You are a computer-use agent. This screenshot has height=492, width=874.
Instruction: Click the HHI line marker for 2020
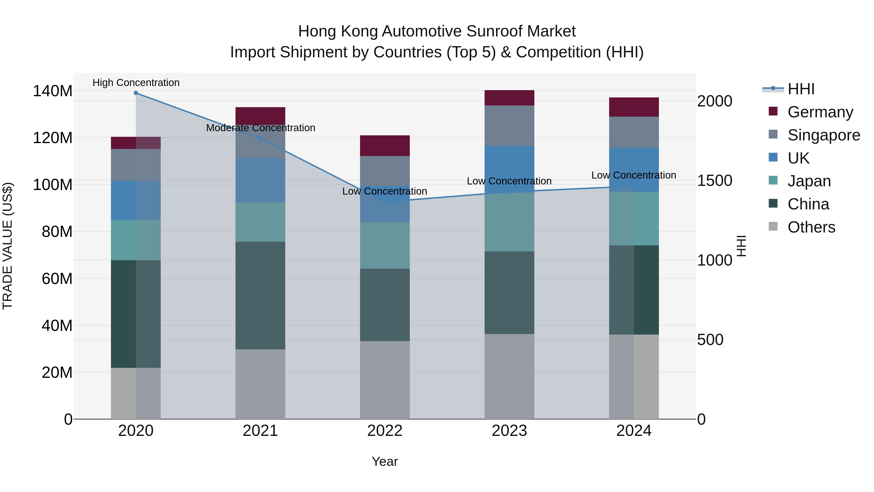click(136, 93)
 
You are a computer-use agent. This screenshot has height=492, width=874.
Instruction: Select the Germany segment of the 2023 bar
click(509, 98)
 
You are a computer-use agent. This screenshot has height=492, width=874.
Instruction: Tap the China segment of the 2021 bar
click(260, 295)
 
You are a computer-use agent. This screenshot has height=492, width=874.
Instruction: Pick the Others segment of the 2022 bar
click(385, 380)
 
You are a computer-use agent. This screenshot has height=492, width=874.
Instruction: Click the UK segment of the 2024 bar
click(634, 170)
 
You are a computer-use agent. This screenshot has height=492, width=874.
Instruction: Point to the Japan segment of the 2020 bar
click(136, 240)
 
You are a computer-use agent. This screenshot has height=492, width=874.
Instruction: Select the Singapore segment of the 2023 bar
click(509, 126)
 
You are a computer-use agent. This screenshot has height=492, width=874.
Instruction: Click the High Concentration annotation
click(136, 83)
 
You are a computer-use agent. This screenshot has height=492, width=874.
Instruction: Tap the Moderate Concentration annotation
click(261, 128)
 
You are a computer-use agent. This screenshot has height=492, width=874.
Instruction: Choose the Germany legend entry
click(820, 112)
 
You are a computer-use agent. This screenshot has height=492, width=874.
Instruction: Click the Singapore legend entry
click(824, 135)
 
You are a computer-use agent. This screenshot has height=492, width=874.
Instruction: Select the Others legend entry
click(811, 227)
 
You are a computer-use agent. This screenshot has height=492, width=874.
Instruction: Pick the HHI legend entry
click(801, 89)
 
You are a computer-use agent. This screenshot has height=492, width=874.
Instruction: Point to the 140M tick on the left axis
click(53, 91)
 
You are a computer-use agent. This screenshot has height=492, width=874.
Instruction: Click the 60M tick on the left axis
click(57, 279)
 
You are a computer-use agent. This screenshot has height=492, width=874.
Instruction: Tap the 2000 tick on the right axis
click(714, 101)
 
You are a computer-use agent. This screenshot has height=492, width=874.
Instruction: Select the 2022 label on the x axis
click(385, 431)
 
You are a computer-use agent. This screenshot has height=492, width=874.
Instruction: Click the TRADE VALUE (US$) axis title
click(8, 246)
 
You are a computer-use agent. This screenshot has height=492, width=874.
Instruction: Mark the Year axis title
click(385, 461)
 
